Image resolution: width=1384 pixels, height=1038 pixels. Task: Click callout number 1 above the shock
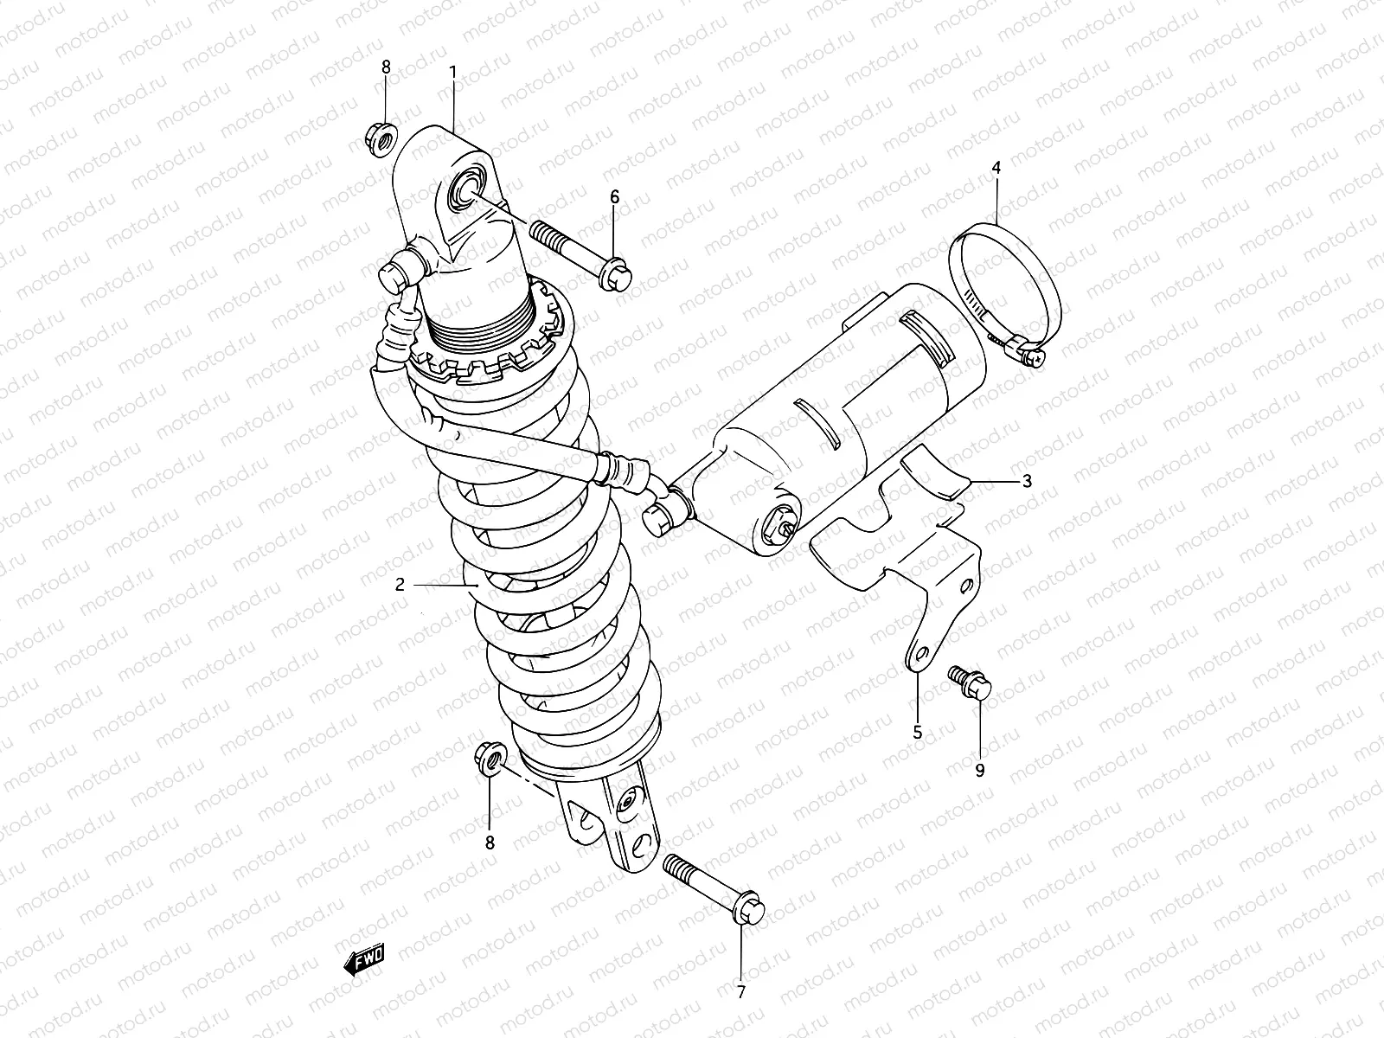click(x=452, y=70)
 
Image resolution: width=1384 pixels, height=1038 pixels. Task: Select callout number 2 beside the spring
click(x=400, y=585)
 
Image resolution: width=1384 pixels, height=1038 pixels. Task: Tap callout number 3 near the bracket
click(x=1027, y=481)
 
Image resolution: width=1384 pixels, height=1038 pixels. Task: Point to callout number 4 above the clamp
click(x=996, y=168)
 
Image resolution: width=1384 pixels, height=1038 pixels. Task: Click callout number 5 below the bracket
click(x=918, y=733)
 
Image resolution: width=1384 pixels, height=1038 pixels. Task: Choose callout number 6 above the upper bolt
click(x=615, y=197)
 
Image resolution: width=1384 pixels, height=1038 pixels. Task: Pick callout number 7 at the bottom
click(x=741, y=992)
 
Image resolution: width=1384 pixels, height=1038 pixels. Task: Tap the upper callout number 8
click(x=386, y=66)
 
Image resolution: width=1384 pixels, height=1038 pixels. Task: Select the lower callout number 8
click(x=490, y=842)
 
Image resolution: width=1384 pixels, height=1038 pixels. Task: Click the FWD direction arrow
click(x=364, y=958)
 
